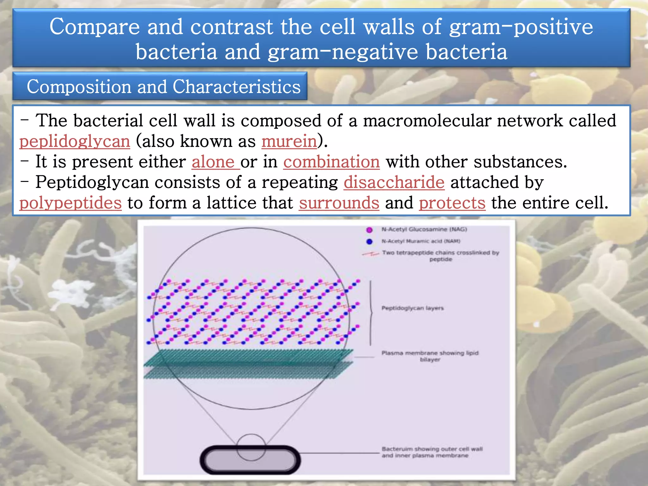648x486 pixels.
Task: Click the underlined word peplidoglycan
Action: [x=75, y=141]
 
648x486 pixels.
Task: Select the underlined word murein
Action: [x=289, y=141]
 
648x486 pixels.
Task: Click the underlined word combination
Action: [x=331, y=162]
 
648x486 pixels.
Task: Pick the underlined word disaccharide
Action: [x=394, y=182]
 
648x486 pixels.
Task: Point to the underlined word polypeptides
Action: [x=71, y=203]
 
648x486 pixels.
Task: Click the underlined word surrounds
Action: [x=339, y=203]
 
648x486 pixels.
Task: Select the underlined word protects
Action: [x=452, y=203]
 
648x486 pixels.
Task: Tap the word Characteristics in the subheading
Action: [x=236, y=86]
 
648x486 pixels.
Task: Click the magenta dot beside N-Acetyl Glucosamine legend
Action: [x=369, y=230]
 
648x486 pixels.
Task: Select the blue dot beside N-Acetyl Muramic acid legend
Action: [x=369, y=241]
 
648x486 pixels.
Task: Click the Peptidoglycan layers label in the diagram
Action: [x=412, y=308]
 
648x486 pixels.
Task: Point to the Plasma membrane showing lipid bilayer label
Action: [x=430, y=356]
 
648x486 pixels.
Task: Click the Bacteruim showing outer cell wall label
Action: [x=432, y=452]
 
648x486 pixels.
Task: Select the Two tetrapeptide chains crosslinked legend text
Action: [x=440, y=256]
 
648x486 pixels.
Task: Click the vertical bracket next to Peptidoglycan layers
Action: [x=371, y=313]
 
